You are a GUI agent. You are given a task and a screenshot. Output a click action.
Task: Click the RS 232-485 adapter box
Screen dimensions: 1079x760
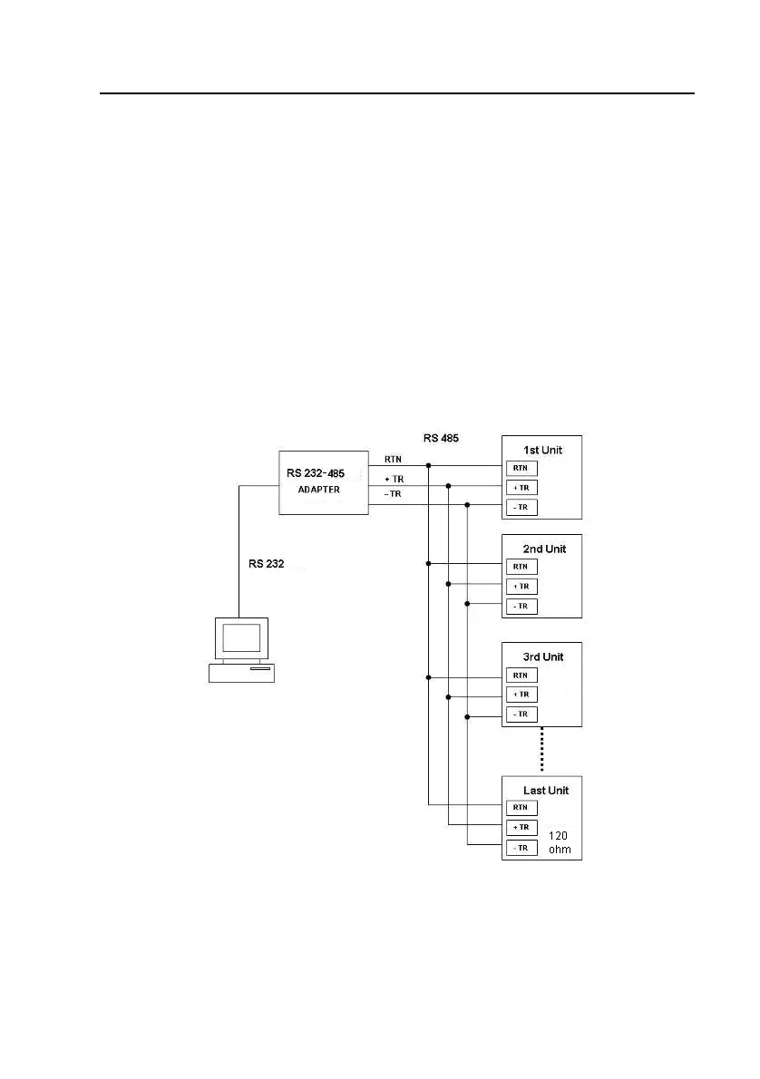click(x=324, y=482)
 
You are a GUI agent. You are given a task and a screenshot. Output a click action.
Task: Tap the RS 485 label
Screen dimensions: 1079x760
click(x=441, y=438)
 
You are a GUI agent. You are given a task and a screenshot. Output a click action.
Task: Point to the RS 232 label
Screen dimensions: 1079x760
click(x=267, y=564)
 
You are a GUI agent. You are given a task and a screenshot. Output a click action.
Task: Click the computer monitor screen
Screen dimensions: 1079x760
click(x=241, y=637)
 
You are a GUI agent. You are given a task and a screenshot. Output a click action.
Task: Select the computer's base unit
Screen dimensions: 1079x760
click(x=241, y=672)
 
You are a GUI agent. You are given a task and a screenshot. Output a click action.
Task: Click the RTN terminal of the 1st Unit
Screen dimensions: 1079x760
click(x=521, y=468)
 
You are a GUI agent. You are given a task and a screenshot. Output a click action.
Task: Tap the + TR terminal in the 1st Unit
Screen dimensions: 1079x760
click(x=521, y=488)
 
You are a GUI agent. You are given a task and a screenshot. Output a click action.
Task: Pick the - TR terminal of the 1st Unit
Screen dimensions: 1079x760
click(x=521, y=507)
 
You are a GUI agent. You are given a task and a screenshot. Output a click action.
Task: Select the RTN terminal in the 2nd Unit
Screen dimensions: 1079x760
click(x=521, y=567)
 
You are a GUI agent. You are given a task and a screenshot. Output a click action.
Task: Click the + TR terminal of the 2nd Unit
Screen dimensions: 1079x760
click(x=521, y=587)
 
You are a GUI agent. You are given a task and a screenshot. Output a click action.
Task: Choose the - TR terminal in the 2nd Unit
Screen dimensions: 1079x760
click(x=521, y=606)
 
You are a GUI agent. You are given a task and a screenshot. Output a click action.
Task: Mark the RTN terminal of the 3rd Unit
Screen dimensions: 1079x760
click(x=521, y=675)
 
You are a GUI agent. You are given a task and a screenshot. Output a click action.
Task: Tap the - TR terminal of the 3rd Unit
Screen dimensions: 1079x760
click(x=521, y=714)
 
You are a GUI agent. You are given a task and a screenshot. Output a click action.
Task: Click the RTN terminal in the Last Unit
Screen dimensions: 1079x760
click(x=521, y=808)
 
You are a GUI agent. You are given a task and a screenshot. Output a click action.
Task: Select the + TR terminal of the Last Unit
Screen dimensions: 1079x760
click(x=521, y=828)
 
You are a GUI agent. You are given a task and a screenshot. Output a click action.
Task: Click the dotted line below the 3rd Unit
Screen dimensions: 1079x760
click(x=542, y=750)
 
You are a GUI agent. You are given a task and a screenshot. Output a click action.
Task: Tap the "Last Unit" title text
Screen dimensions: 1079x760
click(x=546, y=791)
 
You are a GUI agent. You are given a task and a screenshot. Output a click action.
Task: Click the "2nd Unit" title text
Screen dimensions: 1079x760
click(x=544, y=549)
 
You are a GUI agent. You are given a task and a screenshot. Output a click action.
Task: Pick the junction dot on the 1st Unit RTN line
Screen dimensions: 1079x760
click(x=428, y=466)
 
